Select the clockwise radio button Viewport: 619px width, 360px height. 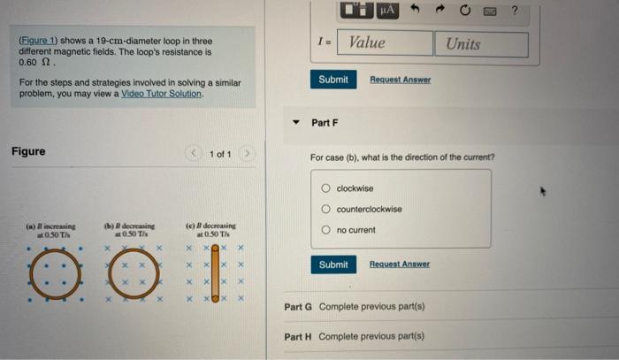coord(326,188)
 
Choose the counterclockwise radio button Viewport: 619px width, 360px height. coord(326,210)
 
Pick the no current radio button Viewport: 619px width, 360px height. coord(326,230)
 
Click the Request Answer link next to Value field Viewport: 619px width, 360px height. coord(400,80)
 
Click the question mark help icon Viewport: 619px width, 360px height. coord(538,10)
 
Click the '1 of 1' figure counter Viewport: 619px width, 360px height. coord(220,155)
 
